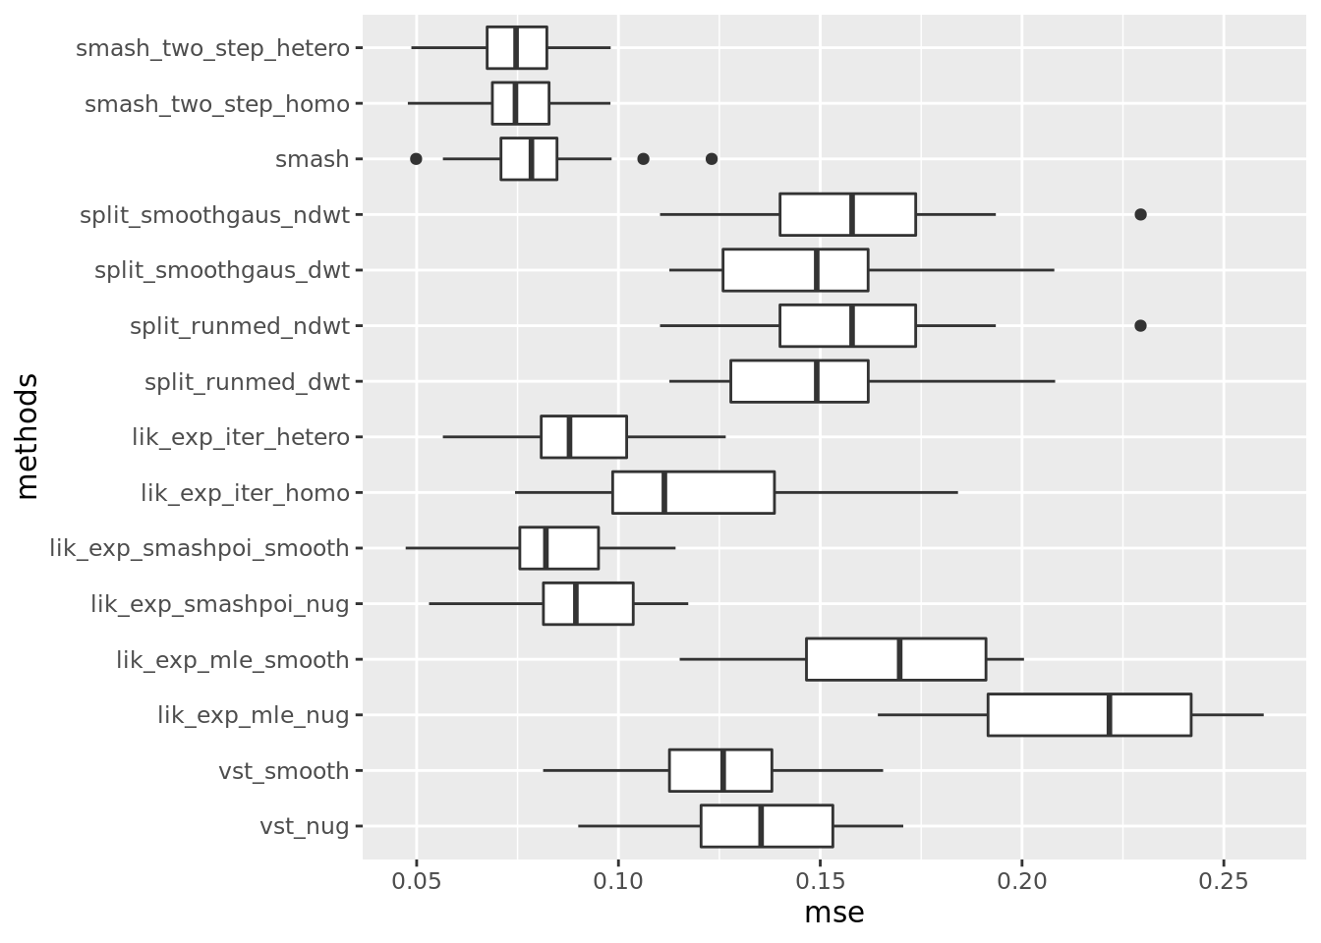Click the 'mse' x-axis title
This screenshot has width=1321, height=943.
point(833,913)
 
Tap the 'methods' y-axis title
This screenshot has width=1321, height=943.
point(28,436)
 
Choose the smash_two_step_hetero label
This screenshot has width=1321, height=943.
point(212,48)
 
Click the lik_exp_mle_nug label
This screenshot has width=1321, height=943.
point(253,715)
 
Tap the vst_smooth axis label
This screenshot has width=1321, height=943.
point(283,771)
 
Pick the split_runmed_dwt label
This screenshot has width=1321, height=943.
point(247,382)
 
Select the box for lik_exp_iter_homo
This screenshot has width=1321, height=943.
point(693,493)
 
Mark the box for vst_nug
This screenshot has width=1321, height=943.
point(767,826)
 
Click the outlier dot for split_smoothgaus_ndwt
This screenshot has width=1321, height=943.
point(1140,214)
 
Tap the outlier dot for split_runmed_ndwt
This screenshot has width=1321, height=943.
point(1140,325)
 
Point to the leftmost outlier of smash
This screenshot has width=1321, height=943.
point(416,159)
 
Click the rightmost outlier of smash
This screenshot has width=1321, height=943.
point(712,159)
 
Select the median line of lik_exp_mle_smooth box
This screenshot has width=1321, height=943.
point(899,659)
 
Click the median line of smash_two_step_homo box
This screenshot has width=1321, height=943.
point(514,103)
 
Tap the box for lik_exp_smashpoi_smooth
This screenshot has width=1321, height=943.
point(559,548)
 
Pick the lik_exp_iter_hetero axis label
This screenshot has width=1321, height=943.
point(241,437)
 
